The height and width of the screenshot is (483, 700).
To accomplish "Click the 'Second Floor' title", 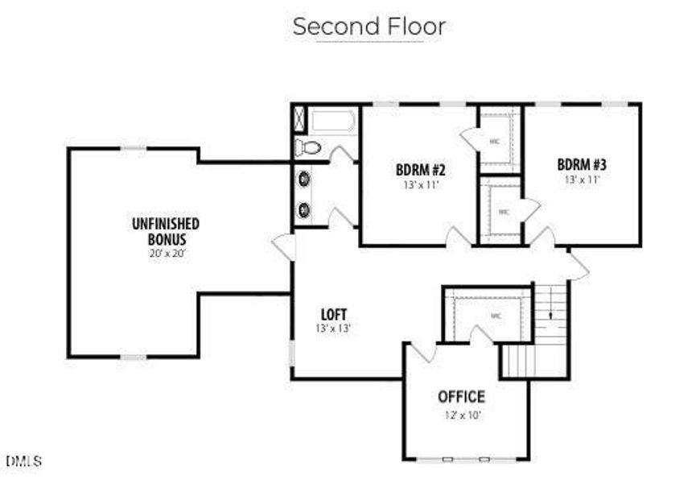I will [369, 26].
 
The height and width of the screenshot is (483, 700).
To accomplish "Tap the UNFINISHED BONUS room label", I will [166, 231].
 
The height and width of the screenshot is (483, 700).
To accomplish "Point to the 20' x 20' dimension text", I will [167, 253].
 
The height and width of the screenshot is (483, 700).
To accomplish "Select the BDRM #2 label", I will [420, 170].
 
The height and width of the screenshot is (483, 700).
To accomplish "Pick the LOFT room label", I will [333, 313].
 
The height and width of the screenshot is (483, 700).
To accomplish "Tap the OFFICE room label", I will [461, 396].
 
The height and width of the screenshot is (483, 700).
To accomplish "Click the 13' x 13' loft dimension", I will [333, 328].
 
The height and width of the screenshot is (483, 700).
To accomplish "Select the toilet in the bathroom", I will [308, 147].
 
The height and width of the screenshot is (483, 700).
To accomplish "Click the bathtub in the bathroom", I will [332, 122].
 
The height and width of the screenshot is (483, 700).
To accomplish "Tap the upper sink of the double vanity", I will [305, 180].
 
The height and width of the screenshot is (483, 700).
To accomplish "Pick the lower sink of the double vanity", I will [305, 210].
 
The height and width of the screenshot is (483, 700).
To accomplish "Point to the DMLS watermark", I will [24, 461].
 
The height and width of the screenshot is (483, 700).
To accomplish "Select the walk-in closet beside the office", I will [492, 316].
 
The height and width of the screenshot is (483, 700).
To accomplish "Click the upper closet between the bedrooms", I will [500, 138].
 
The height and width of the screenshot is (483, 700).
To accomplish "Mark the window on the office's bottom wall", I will [465, 460].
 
